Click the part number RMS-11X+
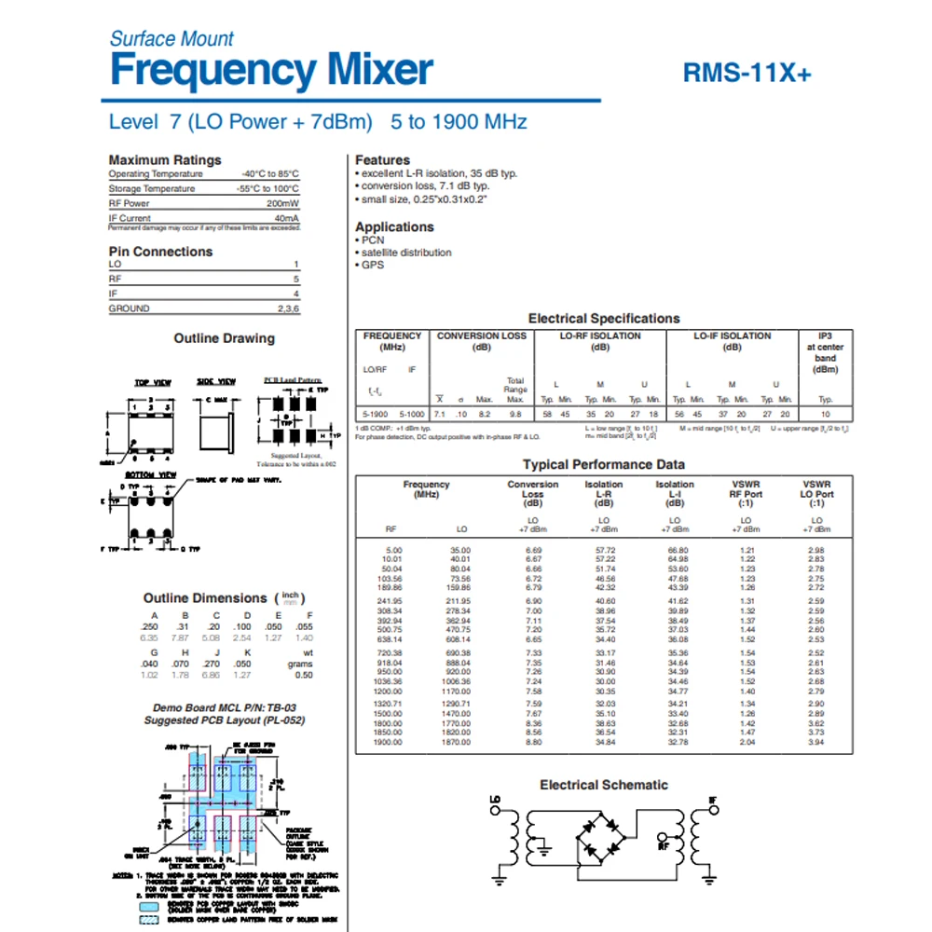pos(747,74)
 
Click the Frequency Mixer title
pos(271,71)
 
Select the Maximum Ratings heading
pos(165,160)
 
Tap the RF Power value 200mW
pos(282,203)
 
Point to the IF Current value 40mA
pos(285,218)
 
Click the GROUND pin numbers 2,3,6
pos(287,308)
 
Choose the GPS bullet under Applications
pos(372,265)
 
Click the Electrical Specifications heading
pos(604,319)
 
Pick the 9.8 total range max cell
pos(515,413)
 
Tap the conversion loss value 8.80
pos(533,742)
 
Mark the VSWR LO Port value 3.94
pos(816,742)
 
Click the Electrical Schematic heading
pos(604,785)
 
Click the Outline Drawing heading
pos(224,338)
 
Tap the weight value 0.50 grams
pos(304,675)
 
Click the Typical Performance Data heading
pos(604,464)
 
